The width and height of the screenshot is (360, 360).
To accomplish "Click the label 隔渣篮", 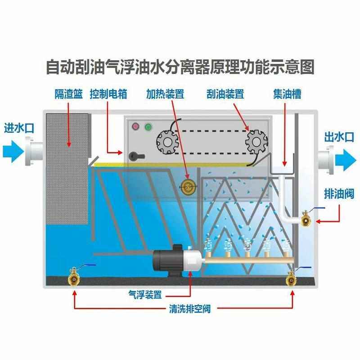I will point(68,94).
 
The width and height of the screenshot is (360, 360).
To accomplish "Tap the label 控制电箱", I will point(108,94).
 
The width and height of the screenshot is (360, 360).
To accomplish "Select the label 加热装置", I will point(165,94).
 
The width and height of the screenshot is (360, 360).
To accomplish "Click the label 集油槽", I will point(287,94).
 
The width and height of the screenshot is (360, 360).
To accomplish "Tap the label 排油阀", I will point(338,194).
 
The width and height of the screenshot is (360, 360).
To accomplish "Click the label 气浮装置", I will point(145,295).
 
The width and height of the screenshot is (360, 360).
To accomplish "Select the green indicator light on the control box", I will point(148,126).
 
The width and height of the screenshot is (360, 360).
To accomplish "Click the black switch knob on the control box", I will point(135,156).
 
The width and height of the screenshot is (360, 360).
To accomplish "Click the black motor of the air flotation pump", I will point(167,259).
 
